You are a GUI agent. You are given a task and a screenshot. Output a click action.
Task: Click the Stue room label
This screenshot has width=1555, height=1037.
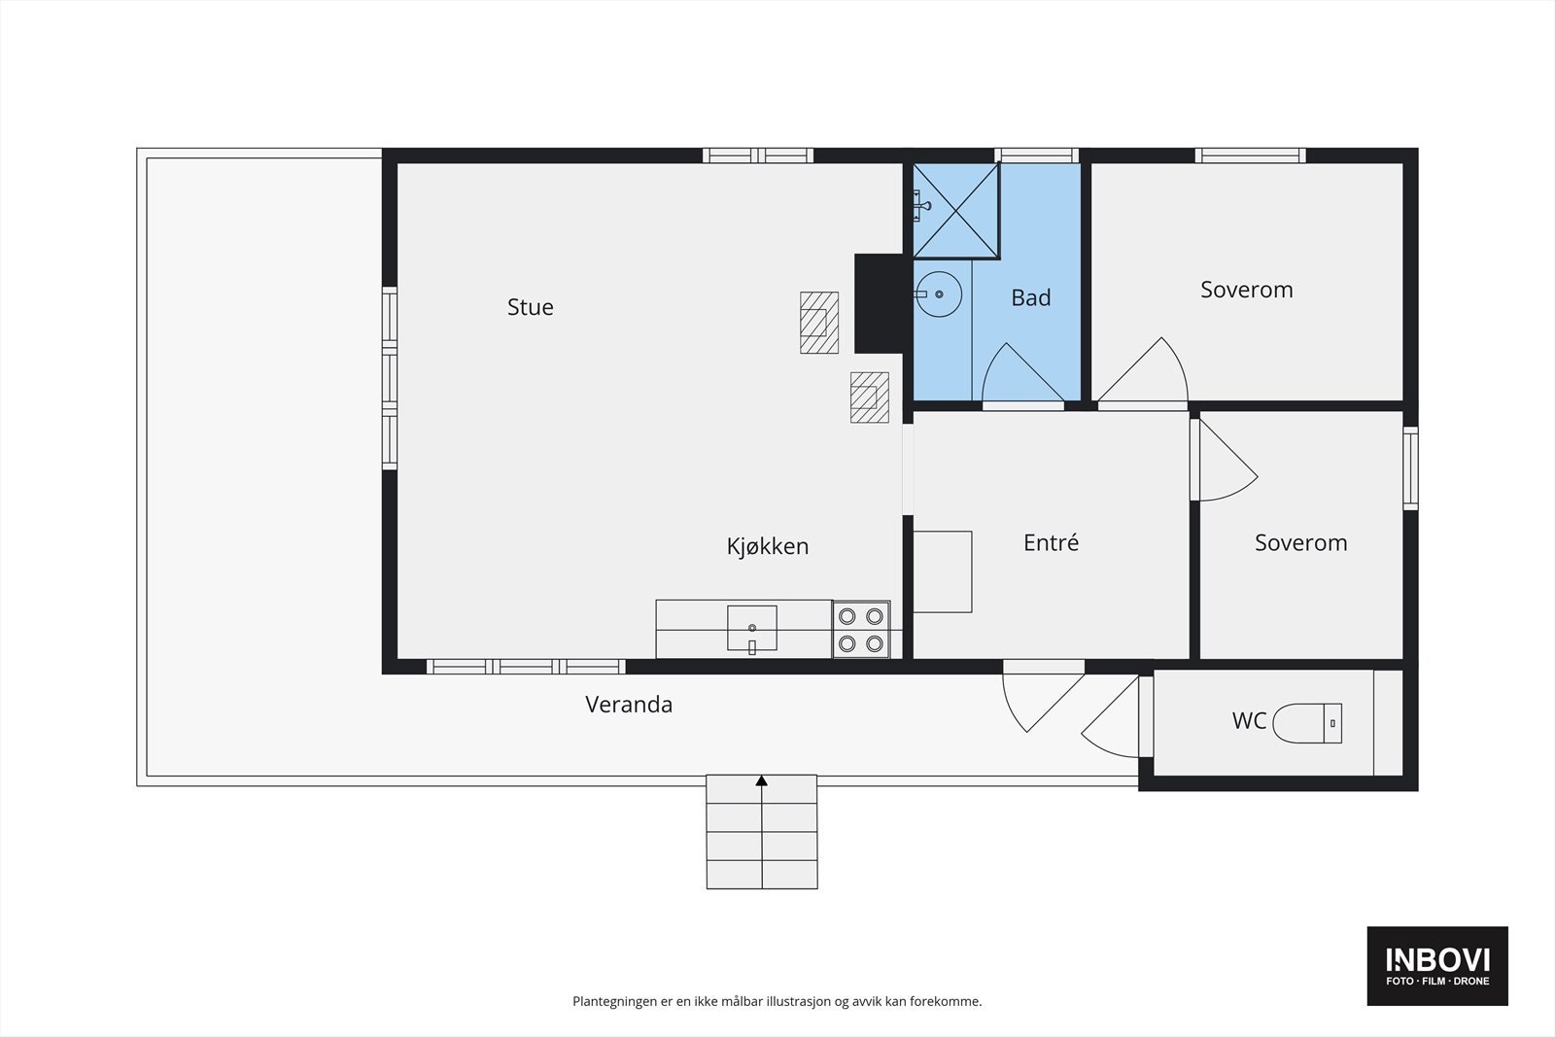click(x=530, y=307)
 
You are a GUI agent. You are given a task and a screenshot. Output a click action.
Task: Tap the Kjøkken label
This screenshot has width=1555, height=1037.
click(x=767, y=546)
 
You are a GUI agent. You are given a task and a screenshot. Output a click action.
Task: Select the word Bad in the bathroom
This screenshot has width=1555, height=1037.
click(x=1030, y=297)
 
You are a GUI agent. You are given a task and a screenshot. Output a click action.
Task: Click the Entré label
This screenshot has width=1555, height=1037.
click(x=1051, y=542)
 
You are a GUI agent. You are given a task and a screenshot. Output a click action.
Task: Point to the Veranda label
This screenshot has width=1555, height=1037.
click(x=628, y=705)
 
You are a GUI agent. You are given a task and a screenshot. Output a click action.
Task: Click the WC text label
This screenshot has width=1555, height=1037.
click(x=1249, y=721)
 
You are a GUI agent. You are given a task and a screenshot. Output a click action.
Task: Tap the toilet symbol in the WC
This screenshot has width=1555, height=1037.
click(x=1306, y=723)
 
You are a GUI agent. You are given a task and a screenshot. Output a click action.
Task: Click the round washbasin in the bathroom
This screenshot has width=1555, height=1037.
click(x=938, y=292)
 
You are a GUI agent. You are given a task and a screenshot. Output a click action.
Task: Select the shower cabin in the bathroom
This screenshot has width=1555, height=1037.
click(x=956, y=211)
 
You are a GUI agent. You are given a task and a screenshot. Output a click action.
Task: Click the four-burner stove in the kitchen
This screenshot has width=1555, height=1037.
click(x=861, y=629)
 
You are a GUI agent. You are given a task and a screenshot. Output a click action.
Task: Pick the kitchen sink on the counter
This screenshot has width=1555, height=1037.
click(x=751, y=628)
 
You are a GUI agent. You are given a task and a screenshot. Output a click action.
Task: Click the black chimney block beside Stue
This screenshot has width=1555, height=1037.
click(x=879, y=302)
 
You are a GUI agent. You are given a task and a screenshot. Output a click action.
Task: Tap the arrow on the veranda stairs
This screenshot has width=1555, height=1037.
click(x=762, y=780)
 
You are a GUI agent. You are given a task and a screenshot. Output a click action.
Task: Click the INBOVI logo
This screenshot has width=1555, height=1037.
click(x=1437, y=965)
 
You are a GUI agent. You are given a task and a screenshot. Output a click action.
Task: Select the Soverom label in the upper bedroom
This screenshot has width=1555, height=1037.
click(x=1246, y=290)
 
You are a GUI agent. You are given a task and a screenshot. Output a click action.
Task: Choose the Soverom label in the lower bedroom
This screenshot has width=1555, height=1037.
click(x=1300, y=542)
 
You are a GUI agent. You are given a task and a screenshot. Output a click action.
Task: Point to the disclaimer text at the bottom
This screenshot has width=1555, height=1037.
click(x=777, y=1001)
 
